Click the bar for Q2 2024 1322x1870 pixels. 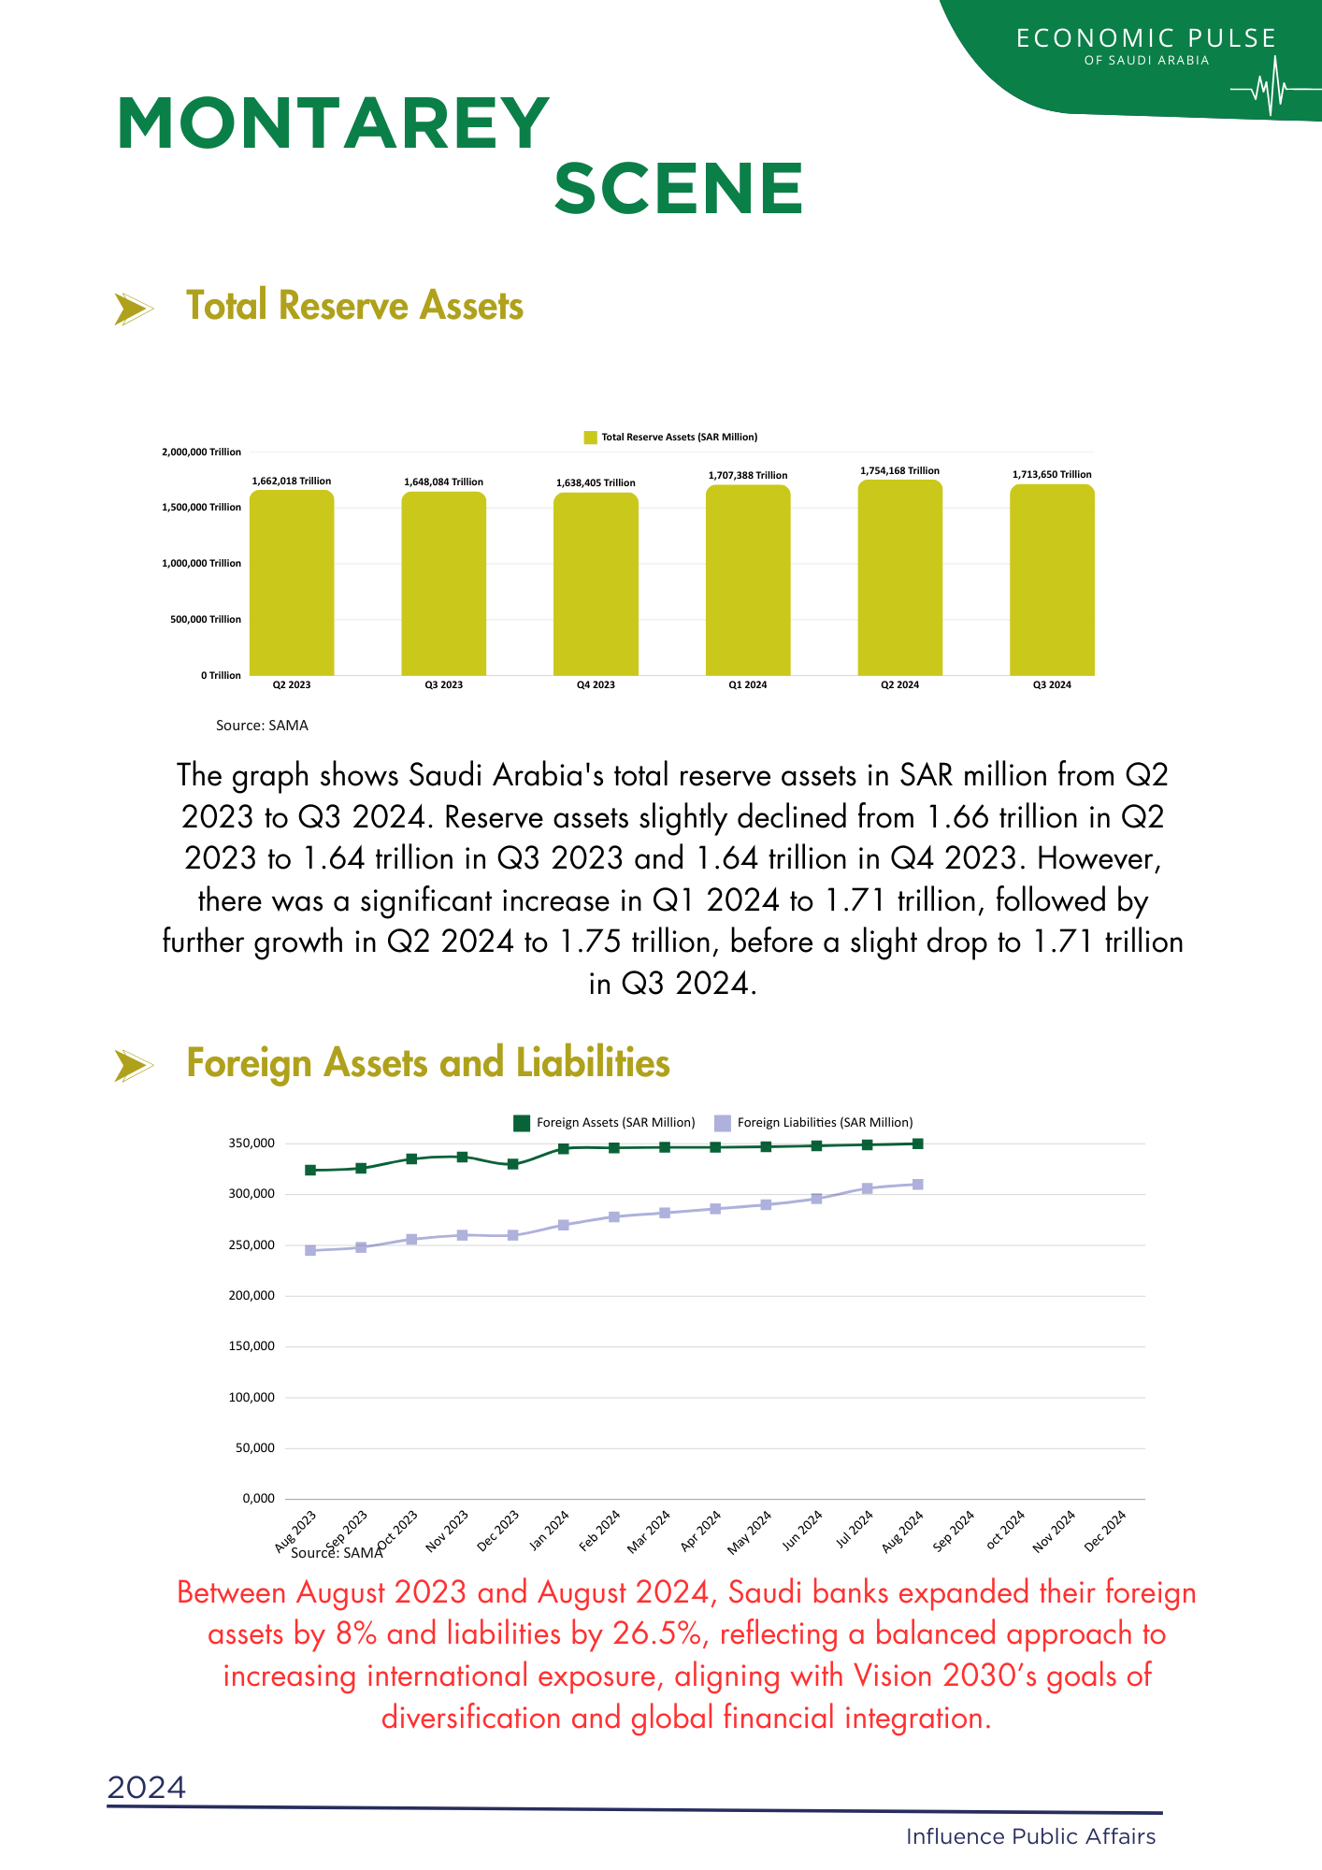tap(899, 578)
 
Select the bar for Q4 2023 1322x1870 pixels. tap(596, 584)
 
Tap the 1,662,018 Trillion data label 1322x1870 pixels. tap(292, 482)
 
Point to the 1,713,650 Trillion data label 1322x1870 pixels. tap(1052, 475)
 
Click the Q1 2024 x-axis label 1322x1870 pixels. tap(748, 685)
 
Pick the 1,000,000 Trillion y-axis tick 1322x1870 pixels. tap(206, 564)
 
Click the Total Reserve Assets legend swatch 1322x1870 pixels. tap(590, 438)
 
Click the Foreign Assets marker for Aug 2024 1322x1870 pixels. tap(918, 1144)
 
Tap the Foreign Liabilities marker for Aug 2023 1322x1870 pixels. tap(310, 1250)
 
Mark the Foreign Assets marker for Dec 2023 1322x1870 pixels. tap(513, 1164)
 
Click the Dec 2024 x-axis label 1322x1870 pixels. tap(1106, 1531)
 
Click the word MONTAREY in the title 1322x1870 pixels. tap(333, 124)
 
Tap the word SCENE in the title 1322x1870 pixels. tap(679, 189)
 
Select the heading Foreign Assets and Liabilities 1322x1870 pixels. tap(428, 1064)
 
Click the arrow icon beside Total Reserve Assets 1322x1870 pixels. tap(133, 309)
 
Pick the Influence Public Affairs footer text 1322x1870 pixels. tap(1030, 1836)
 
